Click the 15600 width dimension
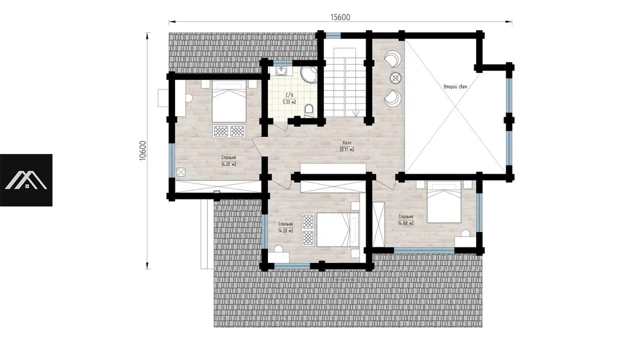340,17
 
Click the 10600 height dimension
142,150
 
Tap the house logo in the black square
26,180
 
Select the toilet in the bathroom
309,110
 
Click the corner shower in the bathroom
309,74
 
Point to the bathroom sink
281,71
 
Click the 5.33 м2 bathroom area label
289,102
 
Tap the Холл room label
347,142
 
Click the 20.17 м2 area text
347,149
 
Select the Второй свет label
455,86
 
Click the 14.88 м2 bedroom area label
406,223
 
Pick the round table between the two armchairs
395,77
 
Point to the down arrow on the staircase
355,113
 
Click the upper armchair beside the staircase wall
392,58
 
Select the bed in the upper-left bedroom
229,101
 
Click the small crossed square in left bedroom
181,172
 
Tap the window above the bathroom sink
282,63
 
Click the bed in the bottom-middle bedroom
338,229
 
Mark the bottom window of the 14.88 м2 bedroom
424,250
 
